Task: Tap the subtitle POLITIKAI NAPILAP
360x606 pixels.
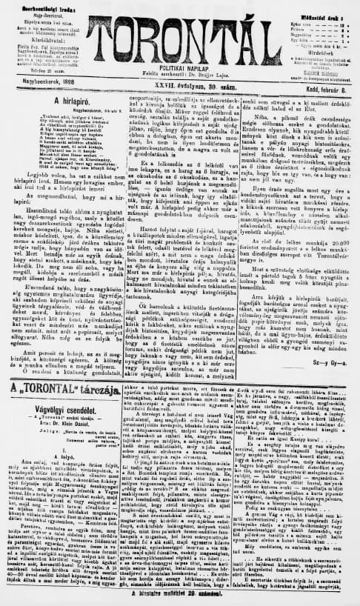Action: click(x=179, y=64)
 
